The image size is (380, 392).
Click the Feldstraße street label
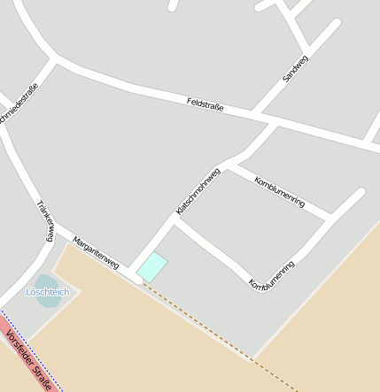206,105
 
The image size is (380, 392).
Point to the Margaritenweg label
96,253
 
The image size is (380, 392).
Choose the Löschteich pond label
47,291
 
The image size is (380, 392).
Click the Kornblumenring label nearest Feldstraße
279,192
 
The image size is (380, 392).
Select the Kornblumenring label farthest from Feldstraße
272,275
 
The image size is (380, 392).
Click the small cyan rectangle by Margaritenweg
151,266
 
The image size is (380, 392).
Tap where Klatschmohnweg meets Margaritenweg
136,270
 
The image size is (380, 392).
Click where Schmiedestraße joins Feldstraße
56,60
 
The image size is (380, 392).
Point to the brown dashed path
221,333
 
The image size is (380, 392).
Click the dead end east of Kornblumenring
361,191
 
